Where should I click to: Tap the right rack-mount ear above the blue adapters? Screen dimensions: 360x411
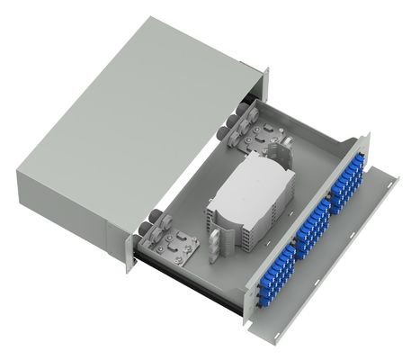[362, 144]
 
